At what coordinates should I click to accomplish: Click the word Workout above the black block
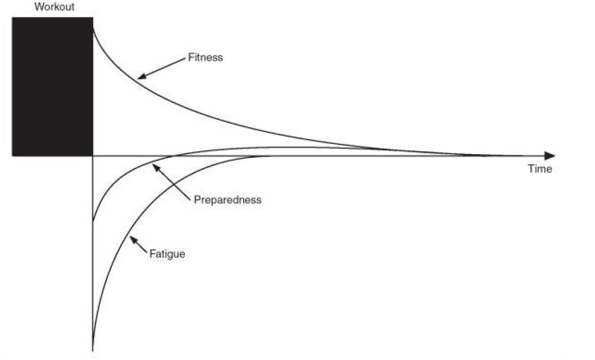(55, 7)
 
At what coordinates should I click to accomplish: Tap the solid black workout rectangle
(52, 86)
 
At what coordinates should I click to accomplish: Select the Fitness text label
(205, 58)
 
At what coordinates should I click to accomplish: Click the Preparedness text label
(228, 200)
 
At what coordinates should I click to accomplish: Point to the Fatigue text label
(166, 254)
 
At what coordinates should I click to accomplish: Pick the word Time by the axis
(539, 169)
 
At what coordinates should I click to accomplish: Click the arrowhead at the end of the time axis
(549, 155)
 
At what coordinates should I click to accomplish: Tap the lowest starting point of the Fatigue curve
(92, 348)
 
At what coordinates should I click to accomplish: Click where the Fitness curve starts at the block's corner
(93, 27)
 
